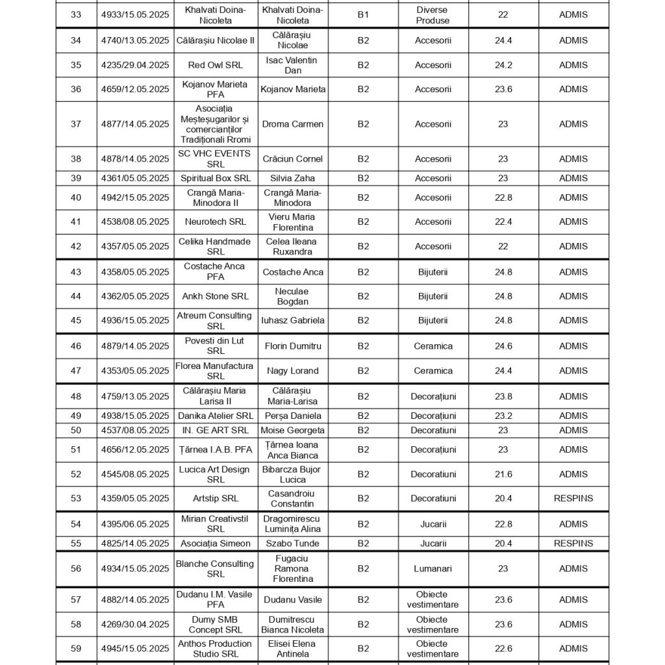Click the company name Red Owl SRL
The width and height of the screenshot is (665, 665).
pyautogui.click(x=215, y=65)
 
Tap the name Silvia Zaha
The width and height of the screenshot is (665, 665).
pyautogui.click(x=292, y=178)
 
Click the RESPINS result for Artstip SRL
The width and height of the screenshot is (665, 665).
pyautogui.click(x=573, y=499)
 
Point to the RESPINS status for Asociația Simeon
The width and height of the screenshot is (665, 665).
pyautogui.click(x=573, y=544)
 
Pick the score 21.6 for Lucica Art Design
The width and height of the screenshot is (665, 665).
pyautogui.click(x=503, y=475)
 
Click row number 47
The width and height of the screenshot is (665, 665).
pyautogui.click(x=76, y=371)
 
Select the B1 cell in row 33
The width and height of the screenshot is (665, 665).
pyautogui.click(x=363, y=15)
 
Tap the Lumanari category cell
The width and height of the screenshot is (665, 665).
pyautogui.click(x=433, y=569)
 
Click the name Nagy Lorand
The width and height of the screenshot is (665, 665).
pyautogui.click(x=292, y=371)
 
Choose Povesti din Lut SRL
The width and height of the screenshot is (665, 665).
pyautogui.click(x=215, y=346)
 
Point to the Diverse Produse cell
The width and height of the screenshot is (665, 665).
pyautogui.click(x=433, y=15)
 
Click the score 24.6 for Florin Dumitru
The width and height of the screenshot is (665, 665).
pyautogui.click(x=503, y=346)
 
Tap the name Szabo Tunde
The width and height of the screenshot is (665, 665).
pyautogui.click(x=292, y=544)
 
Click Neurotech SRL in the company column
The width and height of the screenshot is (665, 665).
pyautogui.click(x=215, y=222)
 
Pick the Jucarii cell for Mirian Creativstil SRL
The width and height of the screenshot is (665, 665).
pyautogui.click(x=433, y=524)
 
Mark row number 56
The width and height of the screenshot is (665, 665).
pyautogui.click(x=76, y=569)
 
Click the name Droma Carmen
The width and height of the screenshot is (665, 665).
pyautogui.click(x=292, y=124)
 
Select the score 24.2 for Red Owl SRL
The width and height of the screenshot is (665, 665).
pyautogui.click(x=503, y=65)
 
